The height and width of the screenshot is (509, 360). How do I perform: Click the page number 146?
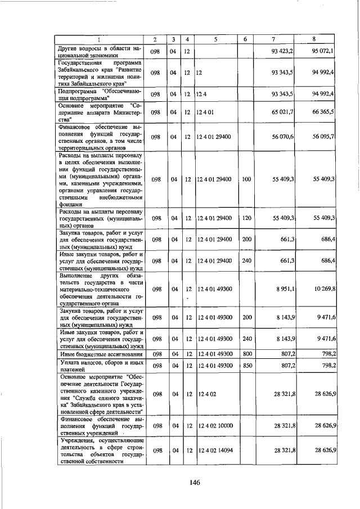point(195,481)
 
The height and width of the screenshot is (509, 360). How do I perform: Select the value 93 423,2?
point(282,51)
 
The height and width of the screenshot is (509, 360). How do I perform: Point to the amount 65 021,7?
point(282,112)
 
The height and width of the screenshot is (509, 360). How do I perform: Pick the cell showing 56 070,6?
point(282,137)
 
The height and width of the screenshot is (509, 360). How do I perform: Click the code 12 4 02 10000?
point(214,425)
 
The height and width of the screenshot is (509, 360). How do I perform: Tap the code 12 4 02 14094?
point(214,451)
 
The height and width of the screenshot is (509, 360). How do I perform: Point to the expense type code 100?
point(246,179)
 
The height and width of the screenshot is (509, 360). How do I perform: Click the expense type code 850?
point(246,366)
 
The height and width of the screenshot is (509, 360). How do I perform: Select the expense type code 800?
point(246,354)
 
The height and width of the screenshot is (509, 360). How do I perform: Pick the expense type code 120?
point(246,217)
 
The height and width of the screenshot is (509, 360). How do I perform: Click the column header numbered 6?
point(246,39)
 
